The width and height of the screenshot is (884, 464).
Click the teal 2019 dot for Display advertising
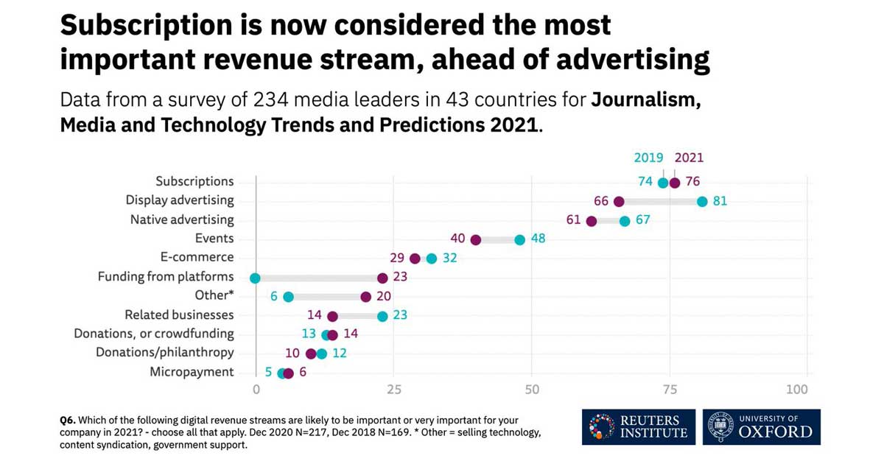click(x=702, y=202)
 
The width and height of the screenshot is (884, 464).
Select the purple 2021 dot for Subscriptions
click(x=675, y=183)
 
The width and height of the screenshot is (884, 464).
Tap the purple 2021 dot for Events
click(x=476, y=240)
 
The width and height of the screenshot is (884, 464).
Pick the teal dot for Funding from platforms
click(x=255, y=278)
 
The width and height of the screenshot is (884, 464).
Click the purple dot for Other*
click(x=365, y=297)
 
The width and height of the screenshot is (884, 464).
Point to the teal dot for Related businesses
click(x=382, y=316)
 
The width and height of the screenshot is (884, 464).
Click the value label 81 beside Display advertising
click(x=720, y=202)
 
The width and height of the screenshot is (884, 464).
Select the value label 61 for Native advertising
click(x=574, y=220)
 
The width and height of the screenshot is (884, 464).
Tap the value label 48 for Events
click(x=538, y=239)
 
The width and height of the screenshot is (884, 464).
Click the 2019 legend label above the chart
click(x=649, y=158)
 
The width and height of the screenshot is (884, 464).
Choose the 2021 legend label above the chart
click(x=689, y=158)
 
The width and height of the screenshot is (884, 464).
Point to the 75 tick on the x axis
click(x=670, y=389)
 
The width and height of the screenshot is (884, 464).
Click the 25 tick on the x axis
click(x=393, y=389)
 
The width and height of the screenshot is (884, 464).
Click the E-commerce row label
click(x=197, y=258)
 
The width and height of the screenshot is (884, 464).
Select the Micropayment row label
click(x=192, y=372)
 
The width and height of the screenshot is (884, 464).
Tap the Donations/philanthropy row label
click(x=165, y=353)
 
